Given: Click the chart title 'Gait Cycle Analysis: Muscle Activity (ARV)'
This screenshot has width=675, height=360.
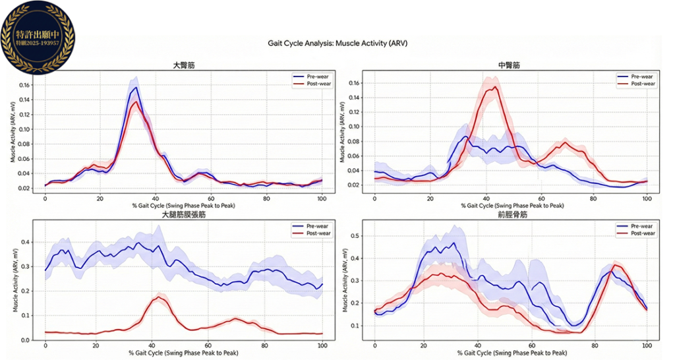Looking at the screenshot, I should click(x=337, y=44).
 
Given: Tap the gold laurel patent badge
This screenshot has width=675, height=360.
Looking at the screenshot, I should click(x=38, y=37).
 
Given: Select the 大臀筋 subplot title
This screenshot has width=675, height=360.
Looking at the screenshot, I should click(x=184, y=65).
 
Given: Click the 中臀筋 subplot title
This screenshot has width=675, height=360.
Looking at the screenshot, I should click(x=509, y=65).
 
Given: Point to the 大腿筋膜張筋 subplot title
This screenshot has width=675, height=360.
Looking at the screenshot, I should click(x=184, y=215).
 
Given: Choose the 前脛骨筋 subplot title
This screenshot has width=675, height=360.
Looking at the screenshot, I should click(x=509, y=215).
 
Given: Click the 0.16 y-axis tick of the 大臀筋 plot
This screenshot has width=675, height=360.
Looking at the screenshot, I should click(x=26, y=86).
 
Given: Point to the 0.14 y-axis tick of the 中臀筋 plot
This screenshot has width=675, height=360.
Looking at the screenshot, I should click(x=355, y=98).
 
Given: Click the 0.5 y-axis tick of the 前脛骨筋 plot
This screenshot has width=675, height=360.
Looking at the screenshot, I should click(x=357, y=235).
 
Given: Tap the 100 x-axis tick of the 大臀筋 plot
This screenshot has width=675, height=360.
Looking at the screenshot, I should click(x=322, y=198).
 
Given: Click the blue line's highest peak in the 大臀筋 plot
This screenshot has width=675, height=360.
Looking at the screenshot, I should click(x=136, y=87).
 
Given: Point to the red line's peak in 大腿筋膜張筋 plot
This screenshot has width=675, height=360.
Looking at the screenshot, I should click(x=159, y=297).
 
